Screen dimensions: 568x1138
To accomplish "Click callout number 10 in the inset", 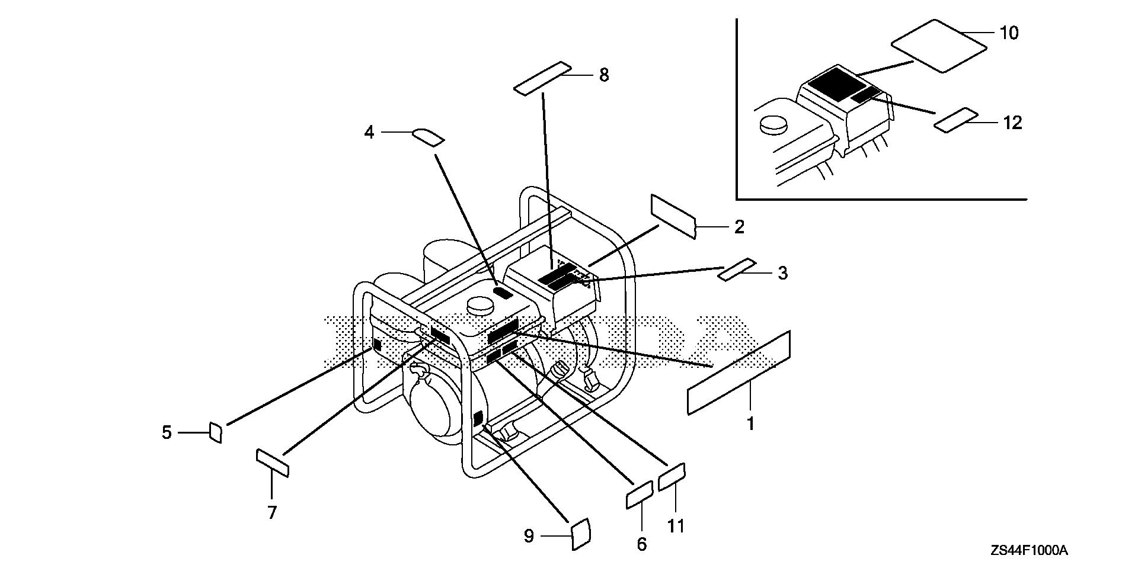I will click(1009, 33).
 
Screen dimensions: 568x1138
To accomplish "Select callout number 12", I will click(1013, 123).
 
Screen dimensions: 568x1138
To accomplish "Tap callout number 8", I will click(604, 75).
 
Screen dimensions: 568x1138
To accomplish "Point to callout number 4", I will click(369, 133).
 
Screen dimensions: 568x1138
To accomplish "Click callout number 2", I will click(739, 227).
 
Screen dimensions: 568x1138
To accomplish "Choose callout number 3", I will click(782, 273).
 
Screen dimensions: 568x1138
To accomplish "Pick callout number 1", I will click(750, 424).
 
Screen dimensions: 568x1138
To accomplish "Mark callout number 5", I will click(167, 433).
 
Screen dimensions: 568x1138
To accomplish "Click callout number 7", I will click(272, 512).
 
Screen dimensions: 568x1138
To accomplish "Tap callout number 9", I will click(529, 536).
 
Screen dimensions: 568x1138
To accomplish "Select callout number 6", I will click(642, 544).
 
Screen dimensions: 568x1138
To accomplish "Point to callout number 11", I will click(676, 526).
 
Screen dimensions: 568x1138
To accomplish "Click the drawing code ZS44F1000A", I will click(1029, 551).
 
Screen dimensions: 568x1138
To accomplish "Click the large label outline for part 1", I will click(739, 373).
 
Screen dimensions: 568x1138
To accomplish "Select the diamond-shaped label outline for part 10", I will click(939, 46).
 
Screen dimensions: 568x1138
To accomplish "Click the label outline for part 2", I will click(673, 216).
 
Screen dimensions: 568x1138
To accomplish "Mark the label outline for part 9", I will click(580, 534).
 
